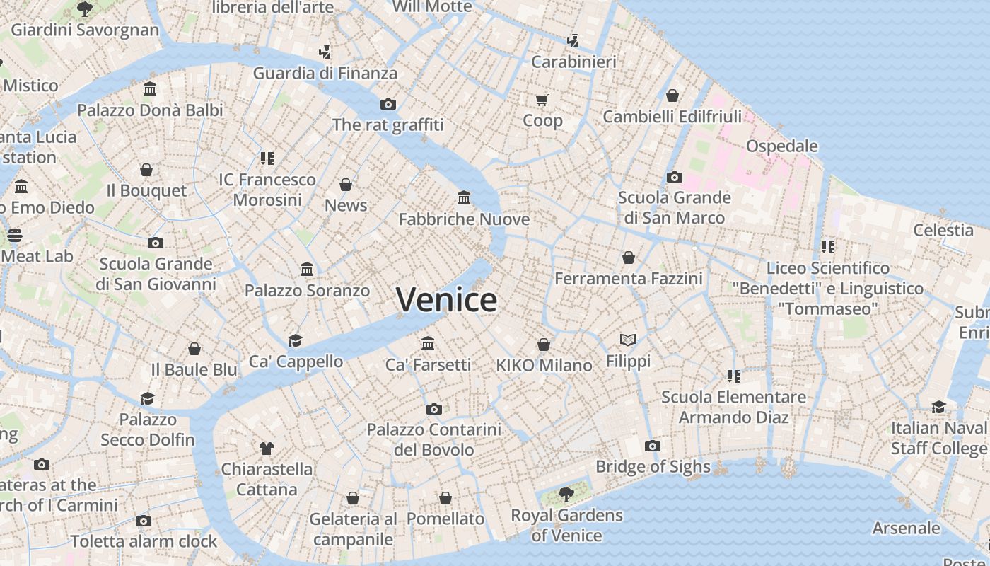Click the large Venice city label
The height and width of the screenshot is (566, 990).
click(446, 300)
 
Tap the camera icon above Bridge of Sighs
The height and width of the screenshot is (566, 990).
click(652, 446)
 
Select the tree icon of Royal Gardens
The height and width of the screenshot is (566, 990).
click(565, 494)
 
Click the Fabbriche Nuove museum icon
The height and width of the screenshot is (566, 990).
click(464, 197)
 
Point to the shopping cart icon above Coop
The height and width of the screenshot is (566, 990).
click(542, 100)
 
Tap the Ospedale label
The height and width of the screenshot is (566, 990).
click(781, 146)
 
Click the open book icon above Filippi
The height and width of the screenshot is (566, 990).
click(628, 340)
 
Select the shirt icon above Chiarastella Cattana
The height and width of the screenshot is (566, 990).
click(266, 448)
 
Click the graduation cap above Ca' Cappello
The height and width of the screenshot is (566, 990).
click(295, 340)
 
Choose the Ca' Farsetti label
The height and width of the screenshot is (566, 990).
click(428, 365)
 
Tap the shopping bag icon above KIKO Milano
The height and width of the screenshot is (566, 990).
click(543, 345)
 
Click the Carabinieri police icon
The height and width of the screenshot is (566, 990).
click(573, 41)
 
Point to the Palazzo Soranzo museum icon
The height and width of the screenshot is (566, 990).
click(307, 270)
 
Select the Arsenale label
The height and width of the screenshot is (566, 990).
click(906, 529)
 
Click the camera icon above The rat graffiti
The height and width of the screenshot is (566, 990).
click(388, 104)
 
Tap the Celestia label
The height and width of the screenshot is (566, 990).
click(943, 230)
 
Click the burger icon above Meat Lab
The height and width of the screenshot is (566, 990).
click(15, 236)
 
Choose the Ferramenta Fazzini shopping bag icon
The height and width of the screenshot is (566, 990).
click(628, 258)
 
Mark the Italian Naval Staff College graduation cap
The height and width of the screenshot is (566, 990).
click(938, 407)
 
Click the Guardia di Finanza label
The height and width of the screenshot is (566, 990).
click(325, 73)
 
